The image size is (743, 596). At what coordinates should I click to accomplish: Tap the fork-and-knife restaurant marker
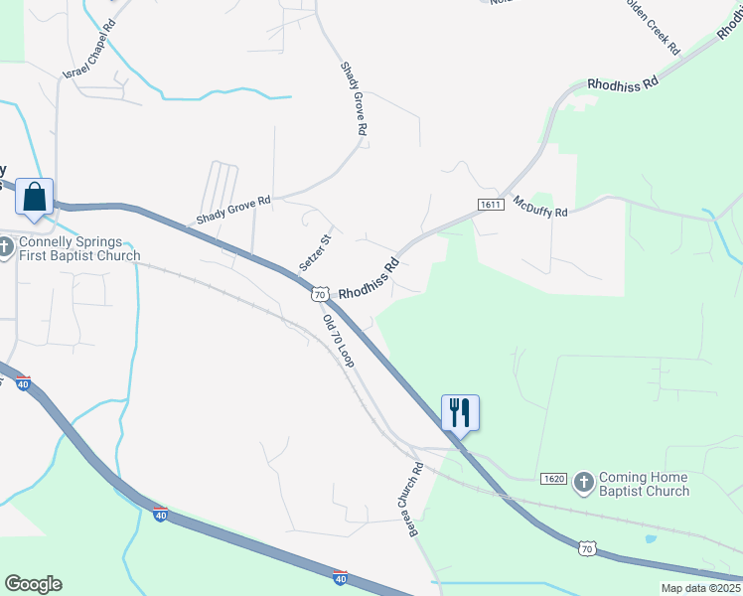[460, 411]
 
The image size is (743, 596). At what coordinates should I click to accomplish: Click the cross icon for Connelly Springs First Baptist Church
[8, 247]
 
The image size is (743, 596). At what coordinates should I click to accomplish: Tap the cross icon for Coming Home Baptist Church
[584, 484]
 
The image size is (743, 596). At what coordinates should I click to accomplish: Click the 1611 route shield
[490, 205]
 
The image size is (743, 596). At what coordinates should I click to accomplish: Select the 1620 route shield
[553, 479]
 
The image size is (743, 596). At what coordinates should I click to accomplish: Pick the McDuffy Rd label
[540, 207]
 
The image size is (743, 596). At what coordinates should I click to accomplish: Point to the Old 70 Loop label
[339, 342]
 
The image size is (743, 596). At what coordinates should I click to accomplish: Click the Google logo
[33, 584]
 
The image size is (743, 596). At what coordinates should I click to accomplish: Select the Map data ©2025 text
[700, 588]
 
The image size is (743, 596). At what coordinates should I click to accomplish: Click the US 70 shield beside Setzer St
[319, 294]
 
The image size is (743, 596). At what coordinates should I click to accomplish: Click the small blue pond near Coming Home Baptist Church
[650, 539]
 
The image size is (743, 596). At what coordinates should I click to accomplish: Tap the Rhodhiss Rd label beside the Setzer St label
[369, 280]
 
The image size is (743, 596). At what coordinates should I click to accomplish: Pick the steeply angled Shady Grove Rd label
[354, 98]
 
